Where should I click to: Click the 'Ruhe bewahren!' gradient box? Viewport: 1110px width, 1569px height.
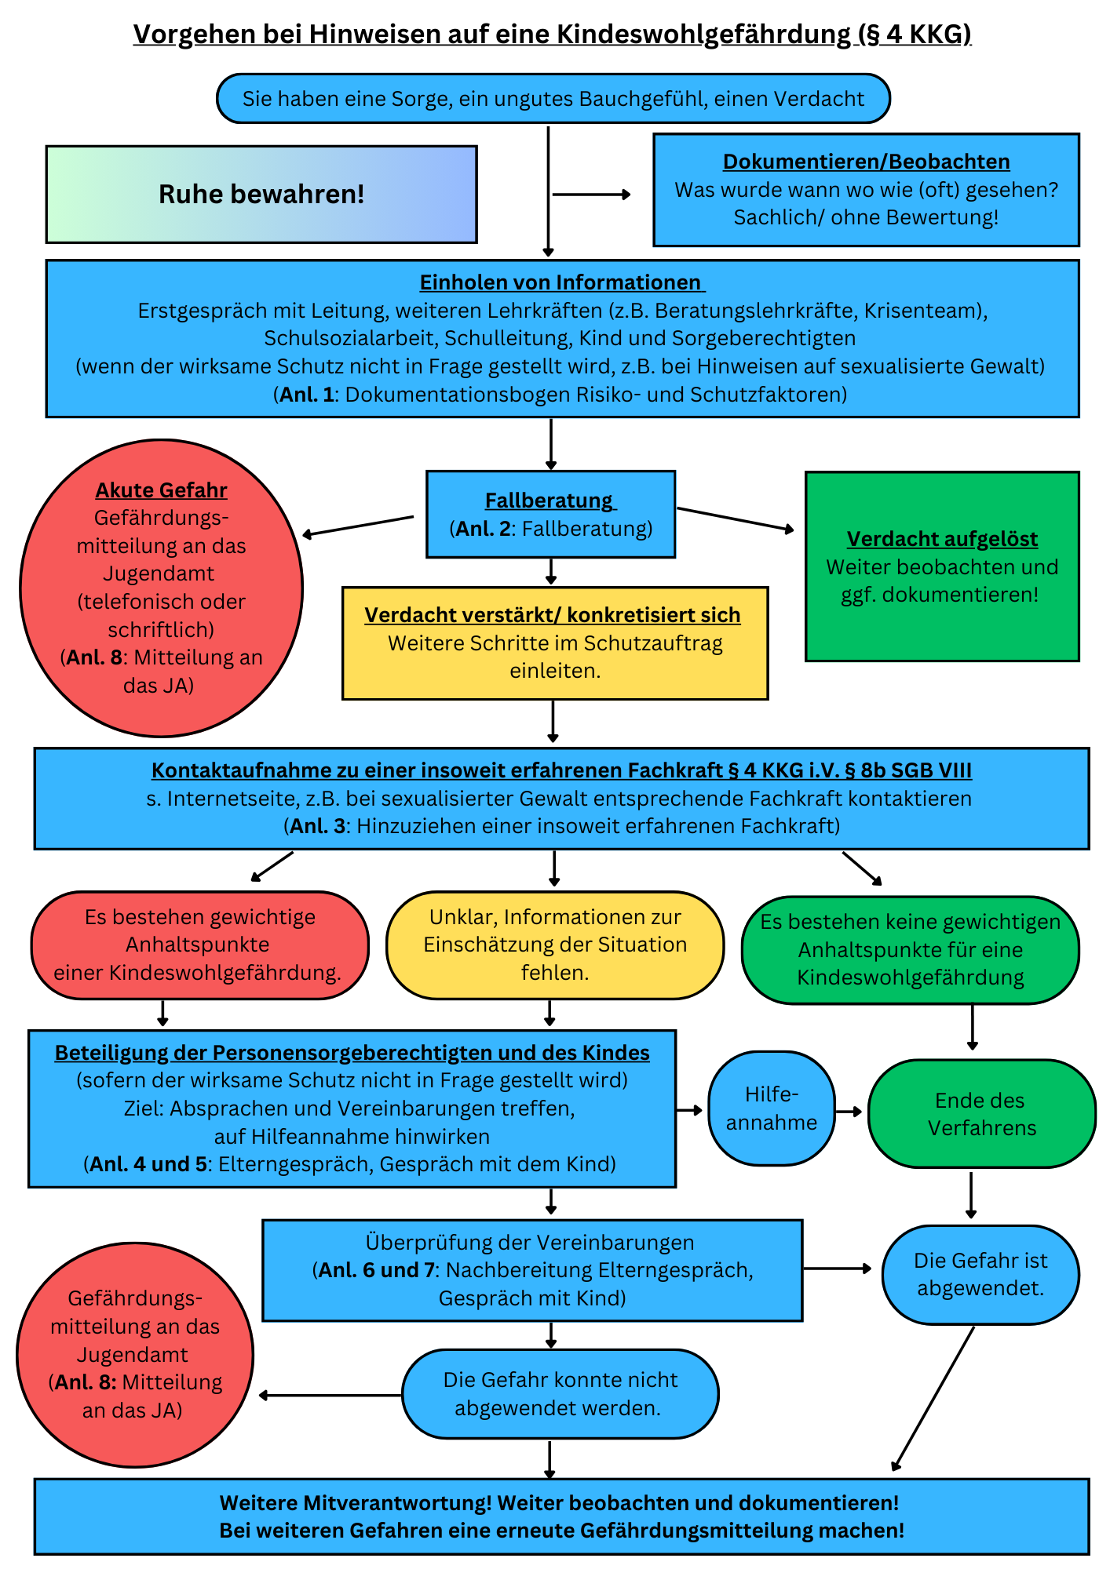tap(261, 195)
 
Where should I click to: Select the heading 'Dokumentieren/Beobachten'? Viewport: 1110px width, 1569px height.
tap(866, 162)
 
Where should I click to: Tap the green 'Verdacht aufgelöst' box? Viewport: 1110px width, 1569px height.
tap(942, 566)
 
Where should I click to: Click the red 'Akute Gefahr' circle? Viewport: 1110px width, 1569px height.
tap(161, 588)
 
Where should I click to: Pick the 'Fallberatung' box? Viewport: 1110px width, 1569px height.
tap(550, 515)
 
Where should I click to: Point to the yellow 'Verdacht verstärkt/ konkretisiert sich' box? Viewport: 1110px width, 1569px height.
tap(555, 643)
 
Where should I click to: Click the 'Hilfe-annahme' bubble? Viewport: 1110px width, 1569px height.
tap(772, 1108)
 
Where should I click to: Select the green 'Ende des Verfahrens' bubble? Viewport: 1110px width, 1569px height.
tap(981, 1114)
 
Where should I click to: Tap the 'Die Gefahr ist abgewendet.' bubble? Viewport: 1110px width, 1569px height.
tap(980, 1275)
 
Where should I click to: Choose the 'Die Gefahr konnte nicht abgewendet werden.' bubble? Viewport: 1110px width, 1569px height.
tap(560, 1394)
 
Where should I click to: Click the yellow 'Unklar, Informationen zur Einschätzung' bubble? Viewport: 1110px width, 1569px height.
tap(555, 945)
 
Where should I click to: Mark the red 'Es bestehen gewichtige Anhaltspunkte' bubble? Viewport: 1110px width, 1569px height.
tap(199, 945)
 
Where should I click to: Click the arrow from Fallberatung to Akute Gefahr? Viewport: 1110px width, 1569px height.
tap(358, 526)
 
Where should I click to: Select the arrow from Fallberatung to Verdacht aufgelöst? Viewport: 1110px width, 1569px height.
tap(736, 519)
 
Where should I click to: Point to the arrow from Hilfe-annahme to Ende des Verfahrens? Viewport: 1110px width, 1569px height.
tap(849, 1112)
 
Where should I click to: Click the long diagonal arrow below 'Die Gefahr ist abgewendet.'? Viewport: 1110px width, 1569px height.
tap(933, 1398)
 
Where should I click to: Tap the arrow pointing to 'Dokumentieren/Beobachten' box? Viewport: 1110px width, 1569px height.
tap(592, 195)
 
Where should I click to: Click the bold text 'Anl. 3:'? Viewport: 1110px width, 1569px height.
tap(318, 826)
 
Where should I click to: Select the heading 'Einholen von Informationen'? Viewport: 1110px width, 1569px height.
tap(561, 282)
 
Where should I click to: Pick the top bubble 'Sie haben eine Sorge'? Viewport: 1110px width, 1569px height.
tap(553, 99)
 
